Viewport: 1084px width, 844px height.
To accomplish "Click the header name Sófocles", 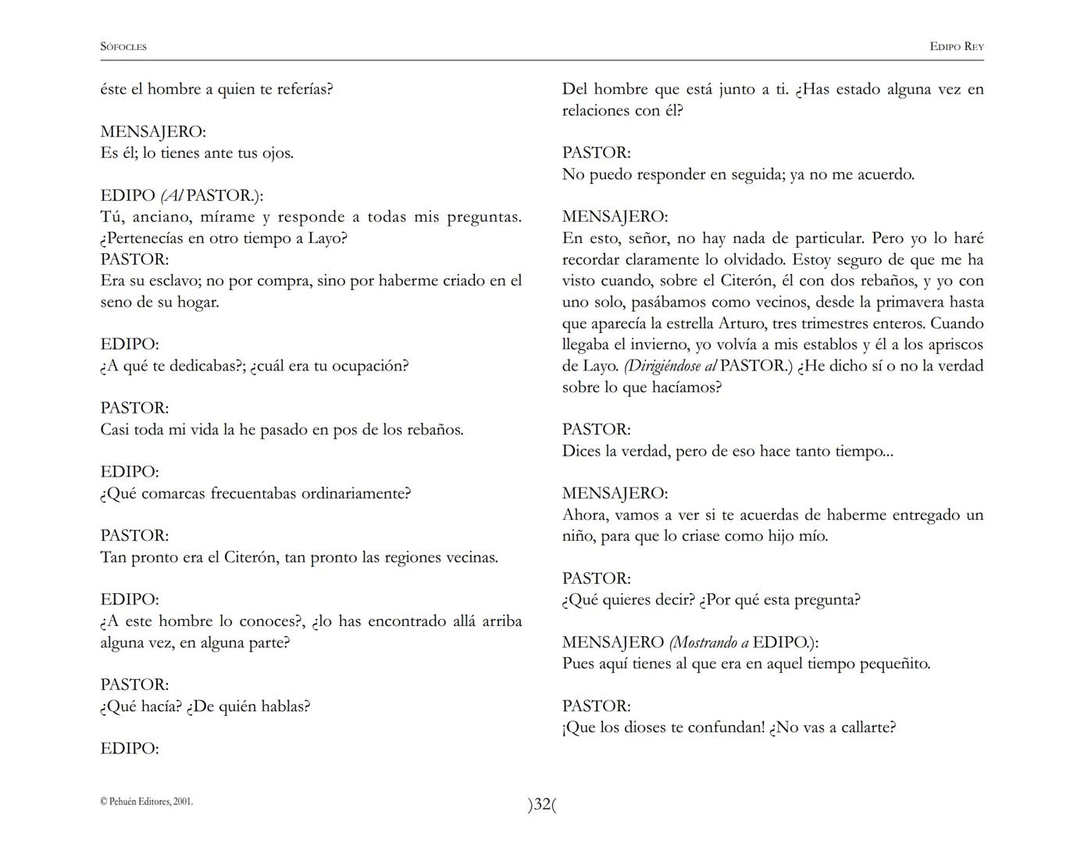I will click(x=123, y=47).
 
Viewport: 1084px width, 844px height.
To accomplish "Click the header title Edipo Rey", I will click(x=956, y=47).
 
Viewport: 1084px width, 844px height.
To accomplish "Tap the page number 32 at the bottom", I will click(x=543, y=805).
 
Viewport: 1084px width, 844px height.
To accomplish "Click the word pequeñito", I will click(x=895, y=664).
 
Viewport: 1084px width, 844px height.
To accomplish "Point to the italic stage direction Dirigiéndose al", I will click(x=672, y=366).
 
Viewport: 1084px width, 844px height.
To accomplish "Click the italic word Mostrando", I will click(x=705, y=642).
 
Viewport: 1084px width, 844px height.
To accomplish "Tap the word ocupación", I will click(x=369, y=366).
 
